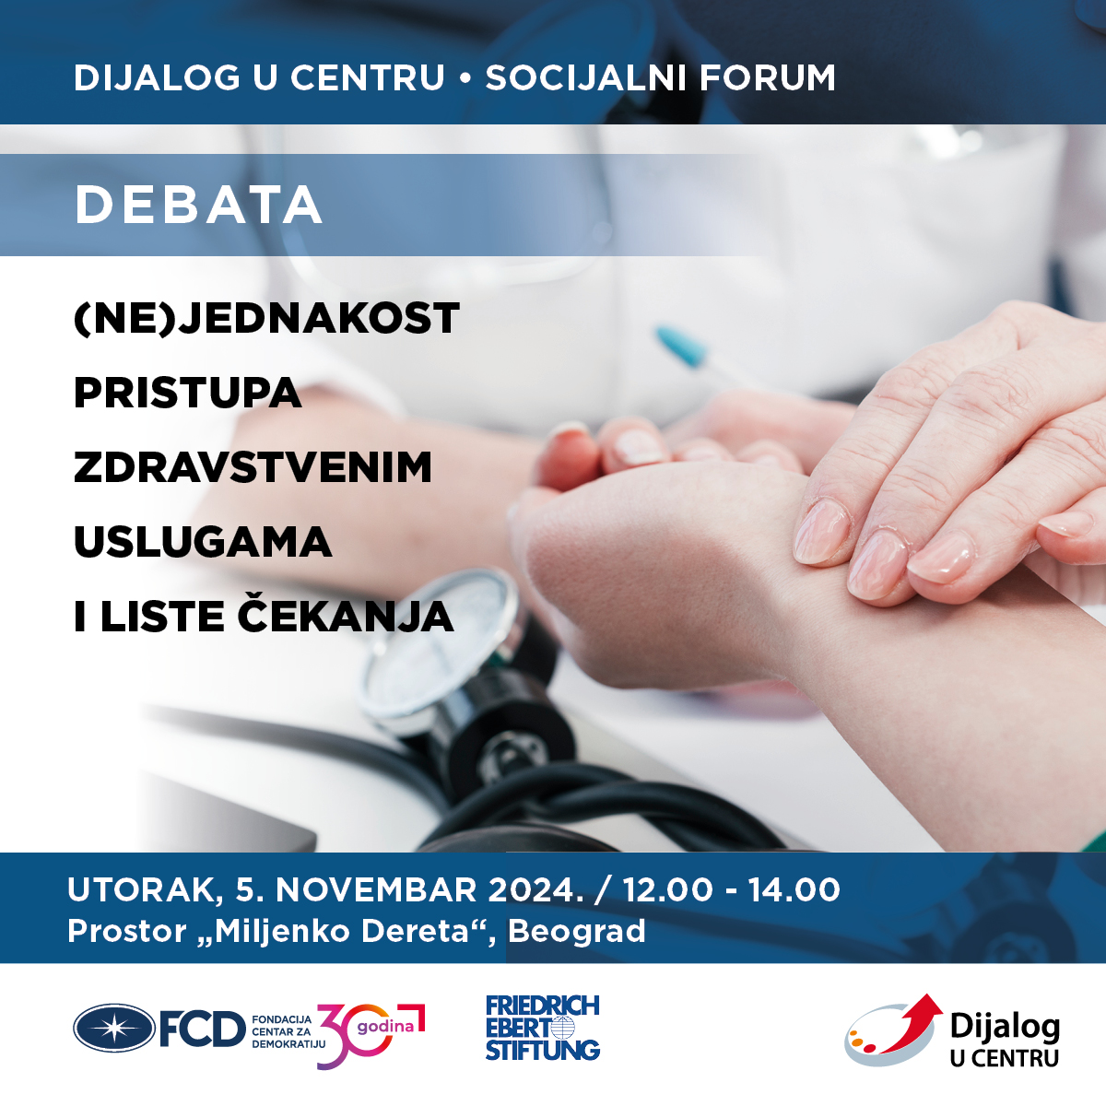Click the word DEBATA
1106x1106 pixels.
click(198, 205)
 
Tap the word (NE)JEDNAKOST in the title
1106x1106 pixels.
click(267, 318)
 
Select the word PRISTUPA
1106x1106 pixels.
click(188, 393)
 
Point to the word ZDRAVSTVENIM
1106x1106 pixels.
click(253, 467)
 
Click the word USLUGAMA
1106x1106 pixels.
click(203, 542)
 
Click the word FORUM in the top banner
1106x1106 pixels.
click(767, 77)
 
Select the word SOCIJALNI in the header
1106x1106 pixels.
click(587, 77)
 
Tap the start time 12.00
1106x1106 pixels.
click(667, 890)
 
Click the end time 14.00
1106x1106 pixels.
click(794, 890)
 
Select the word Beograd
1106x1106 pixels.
click(577, 931)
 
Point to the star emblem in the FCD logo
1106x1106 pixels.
click(114, 1028)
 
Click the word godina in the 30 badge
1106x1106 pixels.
click(385, 1026)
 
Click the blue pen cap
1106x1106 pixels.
click(680, 347)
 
